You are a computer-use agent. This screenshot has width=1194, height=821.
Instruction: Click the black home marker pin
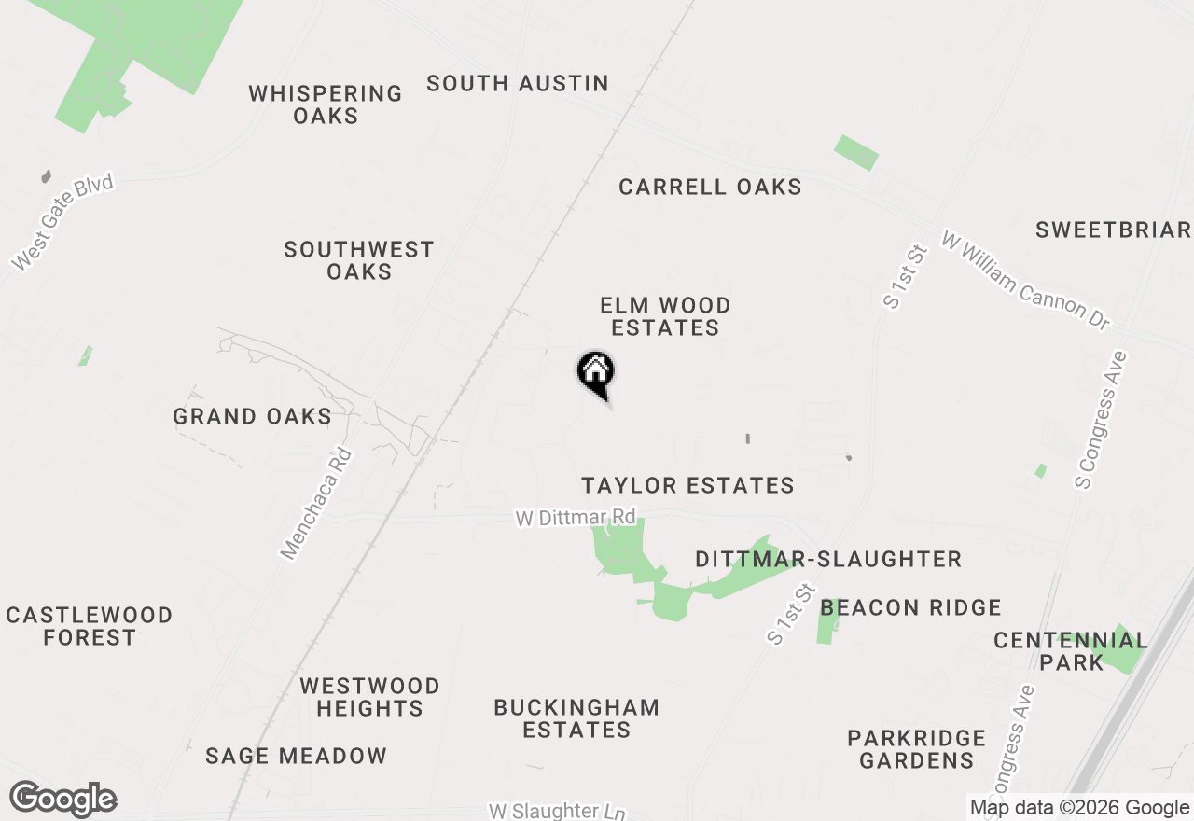(x=595, y=375)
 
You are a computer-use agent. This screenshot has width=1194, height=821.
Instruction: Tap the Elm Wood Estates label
(x=665, y=316)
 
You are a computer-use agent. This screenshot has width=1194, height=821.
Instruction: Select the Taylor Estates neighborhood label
(x=687, y=485)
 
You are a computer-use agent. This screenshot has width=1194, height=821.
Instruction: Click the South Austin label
(x=518, y=83)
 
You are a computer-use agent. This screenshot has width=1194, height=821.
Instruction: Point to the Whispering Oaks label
(x=326, y=104)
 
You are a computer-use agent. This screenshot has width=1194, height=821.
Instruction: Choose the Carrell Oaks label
(x=710, y=187)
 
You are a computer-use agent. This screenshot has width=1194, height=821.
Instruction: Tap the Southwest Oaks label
(x=359, y=260)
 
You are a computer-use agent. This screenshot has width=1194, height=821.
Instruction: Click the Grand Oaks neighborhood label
(x=252, y=416)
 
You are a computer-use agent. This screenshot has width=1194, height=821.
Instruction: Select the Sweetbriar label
(x=1113, y=230)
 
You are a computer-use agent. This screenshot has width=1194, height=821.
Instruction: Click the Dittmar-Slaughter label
(x=828, y=559)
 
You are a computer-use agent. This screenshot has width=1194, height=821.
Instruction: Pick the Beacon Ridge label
(x=910, y=607)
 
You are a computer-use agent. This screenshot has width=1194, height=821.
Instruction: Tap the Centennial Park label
(x=1070, y=651)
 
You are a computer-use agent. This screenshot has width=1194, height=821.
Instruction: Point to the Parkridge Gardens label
(x=917, y=749)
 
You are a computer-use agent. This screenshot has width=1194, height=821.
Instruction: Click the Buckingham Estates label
(x=576, y=718)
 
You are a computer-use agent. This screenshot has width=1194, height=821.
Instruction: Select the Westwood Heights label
(x=369, y=697)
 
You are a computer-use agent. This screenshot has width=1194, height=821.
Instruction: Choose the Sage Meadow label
(x=296, y=756)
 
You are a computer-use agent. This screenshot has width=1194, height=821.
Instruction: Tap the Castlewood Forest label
(x=90, y=626)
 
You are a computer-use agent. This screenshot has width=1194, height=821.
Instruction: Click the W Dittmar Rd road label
(x=576, y=517)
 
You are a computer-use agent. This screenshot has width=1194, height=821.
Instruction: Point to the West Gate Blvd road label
(x=62, y=221)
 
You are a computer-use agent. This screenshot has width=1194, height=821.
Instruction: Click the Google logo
(x=62, y=800)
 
